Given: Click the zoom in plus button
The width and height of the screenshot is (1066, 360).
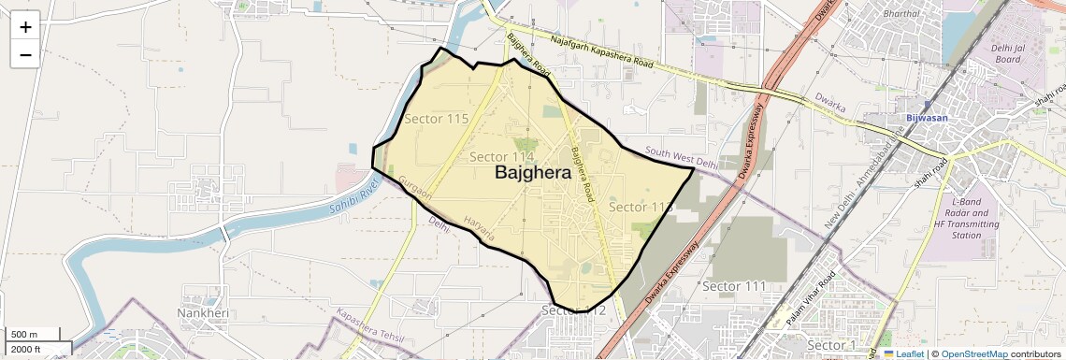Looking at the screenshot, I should pyautogui.click(x=25, y=27).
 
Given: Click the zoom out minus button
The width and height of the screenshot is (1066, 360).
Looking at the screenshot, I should pyautogui.click(x=25, y=55).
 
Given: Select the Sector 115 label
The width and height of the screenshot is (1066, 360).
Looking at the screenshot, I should pyautogui.click(x=436, y=119).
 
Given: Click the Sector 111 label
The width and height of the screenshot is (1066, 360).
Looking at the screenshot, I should pyautogui.click(x=734, y=285).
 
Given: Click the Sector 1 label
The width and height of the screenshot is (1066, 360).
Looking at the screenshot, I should pyautogui.click(x=831, y=346).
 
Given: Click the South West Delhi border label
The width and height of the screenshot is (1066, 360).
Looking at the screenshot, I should pyautogui.click(x=681, y=157).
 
